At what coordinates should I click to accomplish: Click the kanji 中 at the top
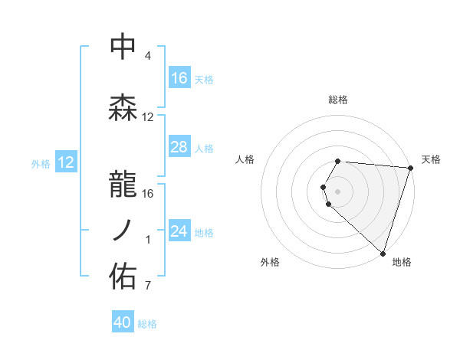pos(123,47)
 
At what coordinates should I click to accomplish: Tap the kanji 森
pos(123,108)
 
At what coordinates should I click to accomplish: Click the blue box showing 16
pos(179,78)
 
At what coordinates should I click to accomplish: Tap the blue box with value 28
pos(179,147)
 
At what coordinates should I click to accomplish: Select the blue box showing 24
pos(179,231)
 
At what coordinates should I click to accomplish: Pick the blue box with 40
pos(123,322)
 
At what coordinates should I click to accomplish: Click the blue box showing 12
pos(66,162)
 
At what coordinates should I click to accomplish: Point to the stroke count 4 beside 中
pos(147,57)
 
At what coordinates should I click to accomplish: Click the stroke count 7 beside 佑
pos(147,286)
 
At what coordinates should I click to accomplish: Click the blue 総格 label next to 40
pos(147,324)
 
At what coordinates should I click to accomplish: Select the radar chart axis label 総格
pos(338,100)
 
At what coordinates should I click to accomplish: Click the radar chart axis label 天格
pos(431,159)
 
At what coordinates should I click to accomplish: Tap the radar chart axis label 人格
pos(245,159)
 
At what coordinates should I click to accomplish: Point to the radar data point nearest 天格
pos(410,168)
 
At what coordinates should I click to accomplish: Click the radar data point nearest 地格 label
pos(383,253)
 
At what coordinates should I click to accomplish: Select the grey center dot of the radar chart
pos(338,191)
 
